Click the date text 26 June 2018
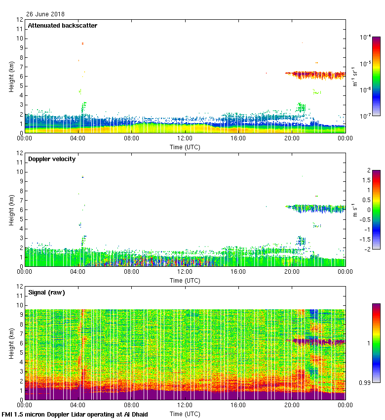click(45, 14)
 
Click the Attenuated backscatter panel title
click(62, 26)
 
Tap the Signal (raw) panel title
click(46, 293)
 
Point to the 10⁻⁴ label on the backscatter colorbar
click(366, 37)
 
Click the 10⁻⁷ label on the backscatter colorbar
click(366, 116)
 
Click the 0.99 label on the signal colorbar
click(365, 382)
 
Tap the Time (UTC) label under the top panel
click(185, 147)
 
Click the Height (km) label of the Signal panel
click(11, 343)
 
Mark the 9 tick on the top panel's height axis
click(20, 48)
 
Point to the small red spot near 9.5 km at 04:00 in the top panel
click(82, 43)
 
